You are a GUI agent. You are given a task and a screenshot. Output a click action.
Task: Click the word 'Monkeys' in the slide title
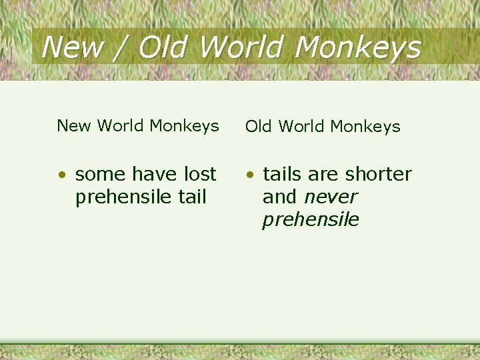(357, 47)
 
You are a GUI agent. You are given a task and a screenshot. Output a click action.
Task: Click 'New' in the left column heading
(71, 125)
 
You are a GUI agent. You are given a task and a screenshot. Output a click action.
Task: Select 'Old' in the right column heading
(259, 126)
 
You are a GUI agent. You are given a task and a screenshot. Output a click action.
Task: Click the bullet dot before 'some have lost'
(61, 175)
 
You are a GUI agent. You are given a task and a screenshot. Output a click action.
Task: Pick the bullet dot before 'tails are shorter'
(249, 175)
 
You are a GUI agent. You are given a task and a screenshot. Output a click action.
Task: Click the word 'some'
(100, 175)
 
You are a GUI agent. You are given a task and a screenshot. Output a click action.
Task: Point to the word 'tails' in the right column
(283, 174)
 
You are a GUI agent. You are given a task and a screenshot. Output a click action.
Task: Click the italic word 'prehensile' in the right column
(311, 220)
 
